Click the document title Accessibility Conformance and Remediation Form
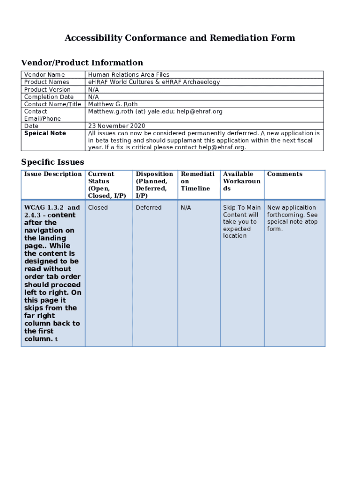tap(180, 38)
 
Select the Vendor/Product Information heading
tap(82, 63)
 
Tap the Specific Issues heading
tap(52, 162)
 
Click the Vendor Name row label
tap(44, 75)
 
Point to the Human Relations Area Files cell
tap(129, 75)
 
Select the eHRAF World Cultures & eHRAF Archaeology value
tap(154, 82)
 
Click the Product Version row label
tap(47, 90)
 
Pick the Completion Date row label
tap(49, 97)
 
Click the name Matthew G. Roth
tap(113, 104)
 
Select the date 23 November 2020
tap(116, 126)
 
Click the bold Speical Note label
tap(45, 133)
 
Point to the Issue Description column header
tap(53, 174)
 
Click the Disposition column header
tap(154, 174)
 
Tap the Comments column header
tap(284, 174)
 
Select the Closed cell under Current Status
tap(98, 208)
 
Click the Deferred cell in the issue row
tap(149, 208)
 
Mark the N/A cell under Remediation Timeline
tap(186, 208)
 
